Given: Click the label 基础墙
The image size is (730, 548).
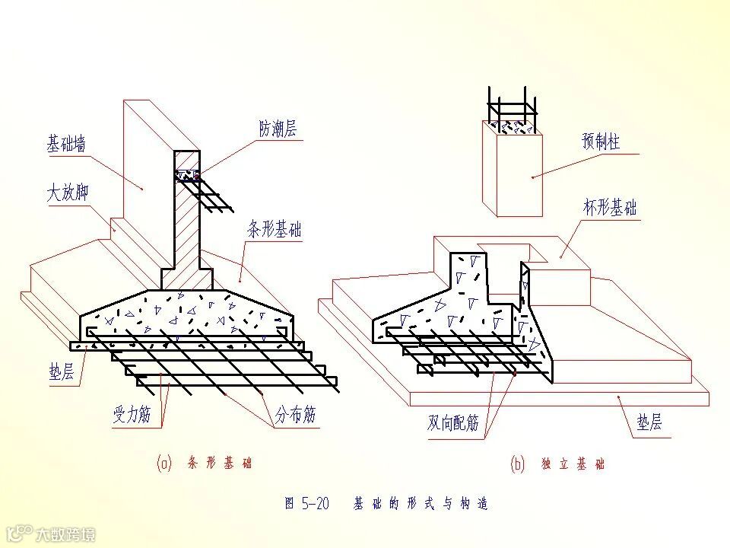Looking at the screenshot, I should pyautogui.click(x=66, y=145).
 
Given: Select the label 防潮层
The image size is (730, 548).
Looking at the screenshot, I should pyautogui.click(x=277, y=129).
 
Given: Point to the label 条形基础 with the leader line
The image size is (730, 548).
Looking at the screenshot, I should pyautogui.click(x=274, y=229).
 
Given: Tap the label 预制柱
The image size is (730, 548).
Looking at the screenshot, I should pyautogui.click(x=601, y=142).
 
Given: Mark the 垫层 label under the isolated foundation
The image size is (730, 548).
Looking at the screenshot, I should pyautogui.click(x=649, y=422).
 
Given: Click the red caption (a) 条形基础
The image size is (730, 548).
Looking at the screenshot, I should pyautogui.click(x=205, y=464).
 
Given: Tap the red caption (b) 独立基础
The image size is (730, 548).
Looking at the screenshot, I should pyautogui.click(x=557, y=464).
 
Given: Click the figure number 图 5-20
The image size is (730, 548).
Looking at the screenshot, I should pyautogui.click(x=306, y=503).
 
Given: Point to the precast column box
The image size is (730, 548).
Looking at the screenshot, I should pyautogui.click(x=513, y=171).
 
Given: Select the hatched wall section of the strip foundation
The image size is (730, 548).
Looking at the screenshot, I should pyautogui.click(x=186, y=221).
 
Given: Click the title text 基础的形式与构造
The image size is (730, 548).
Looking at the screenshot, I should pyautogui.click(x=420, y=503).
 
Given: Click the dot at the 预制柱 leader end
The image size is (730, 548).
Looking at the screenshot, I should pyautogui.click(x=532, y=177).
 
